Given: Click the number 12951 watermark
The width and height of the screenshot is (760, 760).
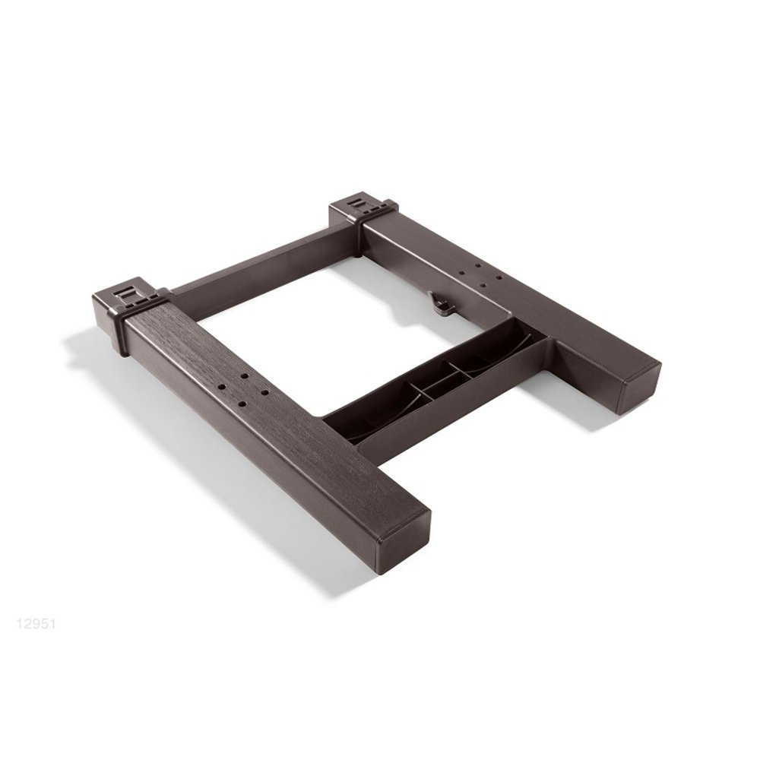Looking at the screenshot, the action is (x=36, y=624).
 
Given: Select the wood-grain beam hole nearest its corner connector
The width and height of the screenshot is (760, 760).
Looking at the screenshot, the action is (x=245, y=375).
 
